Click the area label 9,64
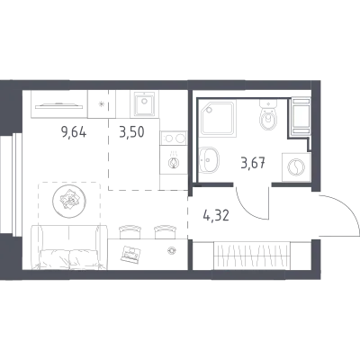[x=74, y=132]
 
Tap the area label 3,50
[x=131, y=132]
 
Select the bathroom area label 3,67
[x=253, y=164]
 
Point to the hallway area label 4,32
[x=216, y=215]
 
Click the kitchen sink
[x=145, y=103]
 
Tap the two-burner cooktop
[x=174, y=139]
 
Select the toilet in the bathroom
[x=268, y=114]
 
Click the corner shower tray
[x=218, y=117]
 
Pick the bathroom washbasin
[x=209, y=160]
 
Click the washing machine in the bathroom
[x=296, y=166]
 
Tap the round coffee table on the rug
[x=69, y=199]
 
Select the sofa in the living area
[x=69, y=247]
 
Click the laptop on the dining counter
[x=130, y=255]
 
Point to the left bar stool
[x=130, y=232]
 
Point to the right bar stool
[x=166, y=232]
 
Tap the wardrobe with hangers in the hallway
[x=252, y=256]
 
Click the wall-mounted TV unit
[x=59, y=104]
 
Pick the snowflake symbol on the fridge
[x=102, y=104]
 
